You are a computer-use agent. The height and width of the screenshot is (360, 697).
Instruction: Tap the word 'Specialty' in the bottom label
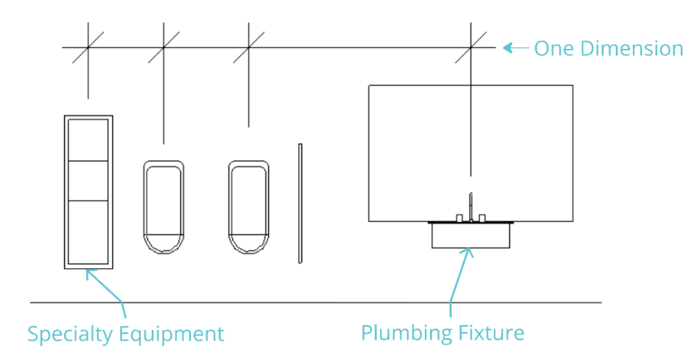[71, 334]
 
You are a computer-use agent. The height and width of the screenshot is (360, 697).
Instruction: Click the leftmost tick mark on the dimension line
[88, 48]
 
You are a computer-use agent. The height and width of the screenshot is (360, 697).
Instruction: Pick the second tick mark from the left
[164, 48]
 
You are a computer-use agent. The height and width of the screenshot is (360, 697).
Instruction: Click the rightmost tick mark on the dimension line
[470, 48]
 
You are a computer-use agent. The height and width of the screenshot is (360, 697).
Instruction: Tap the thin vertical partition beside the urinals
[300, 203]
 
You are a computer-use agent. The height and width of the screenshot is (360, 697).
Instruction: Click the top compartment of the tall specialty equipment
[88, 140]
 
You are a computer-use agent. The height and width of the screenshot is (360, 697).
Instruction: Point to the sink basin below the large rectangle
[471, 236]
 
